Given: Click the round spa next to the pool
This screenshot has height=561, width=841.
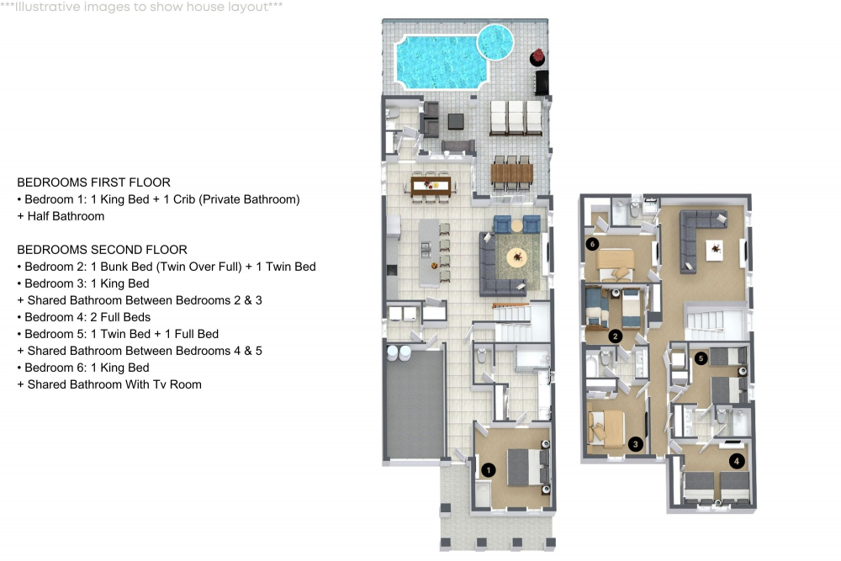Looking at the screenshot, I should [x=495, y=40].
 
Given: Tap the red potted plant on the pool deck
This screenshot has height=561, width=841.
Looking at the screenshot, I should [x=537, y=57].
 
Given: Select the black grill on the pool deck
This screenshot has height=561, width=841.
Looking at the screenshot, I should [x=542, y=82].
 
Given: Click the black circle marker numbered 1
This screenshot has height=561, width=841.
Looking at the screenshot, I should [x=487, y=470].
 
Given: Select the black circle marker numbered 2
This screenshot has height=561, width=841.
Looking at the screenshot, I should [x=616, y=336].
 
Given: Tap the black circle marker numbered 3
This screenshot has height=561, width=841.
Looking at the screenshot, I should [x=636, y=444].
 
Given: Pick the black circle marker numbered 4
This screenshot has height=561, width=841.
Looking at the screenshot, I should [x=737, y=461].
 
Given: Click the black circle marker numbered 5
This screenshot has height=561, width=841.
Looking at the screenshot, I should [x=701, y=357].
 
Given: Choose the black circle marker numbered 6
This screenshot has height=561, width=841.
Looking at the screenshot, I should [x=593, y=245].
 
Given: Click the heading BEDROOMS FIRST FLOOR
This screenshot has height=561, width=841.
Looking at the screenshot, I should [x=93, y=183].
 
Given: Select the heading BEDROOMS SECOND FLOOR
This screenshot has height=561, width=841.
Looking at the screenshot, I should [x=102, y=250].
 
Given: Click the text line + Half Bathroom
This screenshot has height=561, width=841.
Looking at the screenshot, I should [x=61, y=216].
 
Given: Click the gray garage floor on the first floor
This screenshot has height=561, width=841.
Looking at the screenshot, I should [x=414, y=404].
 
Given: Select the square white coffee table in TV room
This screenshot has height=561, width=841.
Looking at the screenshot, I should [x=715, y=247].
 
